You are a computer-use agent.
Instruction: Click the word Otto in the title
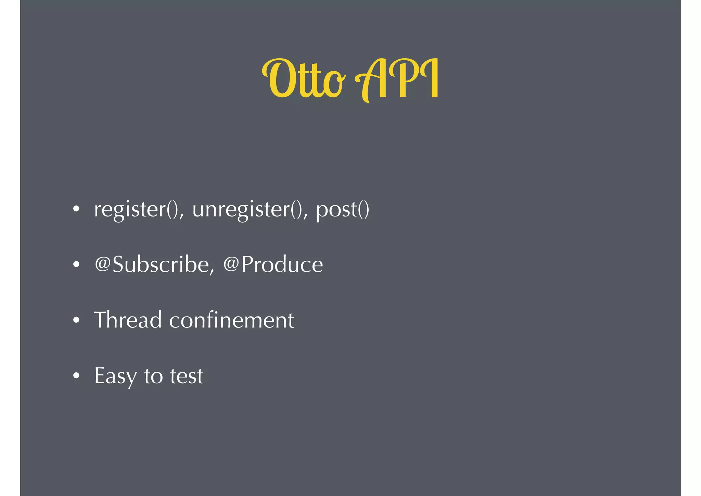point(303,79)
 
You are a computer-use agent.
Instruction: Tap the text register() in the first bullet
point(139,209)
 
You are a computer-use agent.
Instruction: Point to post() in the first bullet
point(342,209)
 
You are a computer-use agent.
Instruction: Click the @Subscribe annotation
point(154,265)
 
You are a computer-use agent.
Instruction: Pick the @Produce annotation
point(273,265)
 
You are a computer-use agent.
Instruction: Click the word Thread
point(128,320)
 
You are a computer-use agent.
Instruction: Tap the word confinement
point(231,320)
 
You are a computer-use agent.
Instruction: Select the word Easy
point(115,376)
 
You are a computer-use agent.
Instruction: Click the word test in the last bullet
point(187,376)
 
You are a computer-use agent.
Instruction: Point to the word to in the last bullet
point(153,376)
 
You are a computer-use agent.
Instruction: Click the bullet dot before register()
point(76,209)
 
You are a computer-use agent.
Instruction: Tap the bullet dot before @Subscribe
point(76,264)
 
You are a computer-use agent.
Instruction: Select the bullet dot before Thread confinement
point(76,320)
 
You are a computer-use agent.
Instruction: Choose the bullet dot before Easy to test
point(76,376)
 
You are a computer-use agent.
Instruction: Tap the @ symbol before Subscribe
point(102,264)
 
